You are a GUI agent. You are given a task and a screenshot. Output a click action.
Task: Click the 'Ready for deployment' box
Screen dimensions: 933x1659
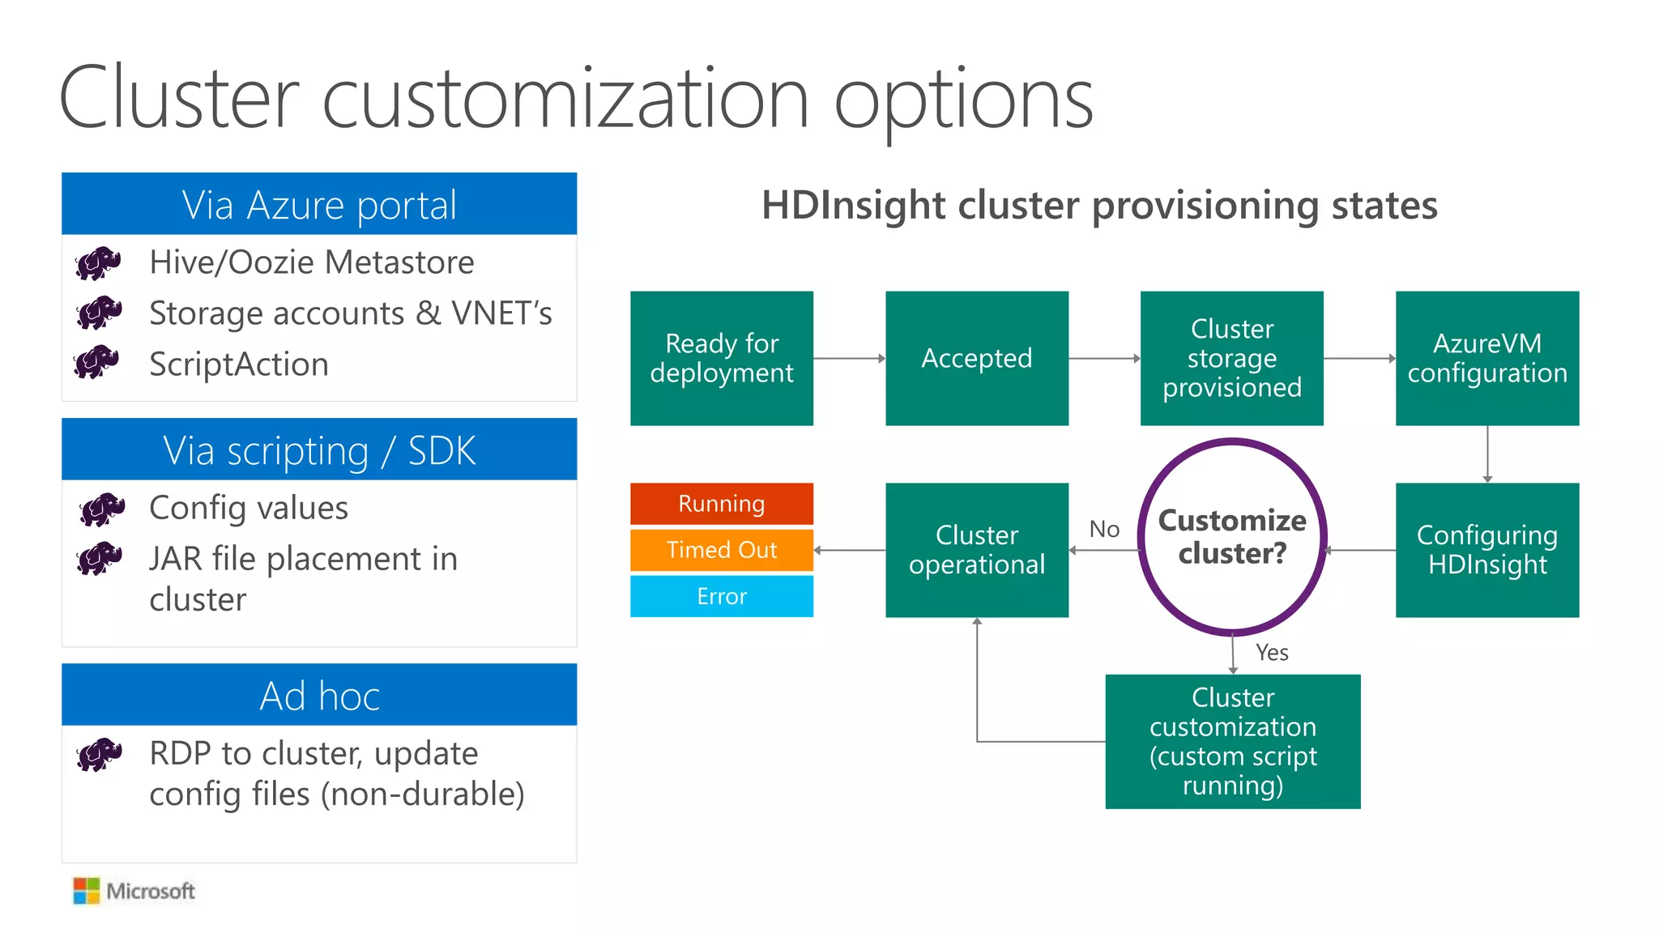tap(721, 358)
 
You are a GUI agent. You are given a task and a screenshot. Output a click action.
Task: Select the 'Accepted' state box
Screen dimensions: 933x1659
tap(976, 358)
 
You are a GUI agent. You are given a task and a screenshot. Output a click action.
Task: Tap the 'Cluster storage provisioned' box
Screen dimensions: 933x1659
tap(1231, 358)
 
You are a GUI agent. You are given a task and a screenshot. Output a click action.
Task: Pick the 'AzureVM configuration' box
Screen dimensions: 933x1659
tap(1486, 358)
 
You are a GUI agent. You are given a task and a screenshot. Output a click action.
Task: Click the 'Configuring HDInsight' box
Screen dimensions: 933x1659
tap(1486, 550)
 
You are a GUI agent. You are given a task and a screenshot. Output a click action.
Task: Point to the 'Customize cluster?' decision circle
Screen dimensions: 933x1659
tap(1231, 536)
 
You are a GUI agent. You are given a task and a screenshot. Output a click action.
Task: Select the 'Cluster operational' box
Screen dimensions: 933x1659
tap(976, 550)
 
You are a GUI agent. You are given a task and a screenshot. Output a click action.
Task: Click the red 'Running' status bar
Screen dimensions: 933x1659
tap(721, 504)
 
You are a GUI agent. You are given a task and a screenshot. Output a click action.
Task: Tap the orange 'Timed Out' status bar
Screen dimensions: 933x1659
tap(721, 550)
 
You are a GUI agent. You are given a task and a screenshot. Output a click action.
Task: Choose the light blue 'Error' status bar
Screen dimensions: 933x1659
tap(721, 596)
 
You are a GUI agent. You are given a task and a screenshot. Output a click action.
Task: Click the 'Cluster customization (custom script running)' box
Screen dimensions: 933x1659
tap(1232, 741)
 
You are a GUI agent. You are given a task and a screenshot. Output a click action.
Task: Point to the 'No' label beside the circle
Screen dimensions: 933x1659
tap(1104, 529)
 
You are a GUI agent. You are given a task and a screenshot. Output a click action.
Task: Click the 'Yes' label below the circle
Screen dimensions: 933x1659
tap(1272, 652)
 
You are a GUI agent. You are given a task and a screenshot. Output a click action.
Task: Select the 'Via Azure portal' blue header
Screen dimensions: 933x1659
tap(319, 204)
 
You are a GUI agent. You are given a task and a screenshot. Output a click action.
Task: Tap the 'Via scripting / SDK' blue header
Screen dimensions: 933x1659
tap(319, 449)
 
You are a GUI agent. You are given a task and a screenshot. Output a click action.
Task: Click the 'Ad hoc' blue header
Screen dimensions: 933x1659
tap(319, 695)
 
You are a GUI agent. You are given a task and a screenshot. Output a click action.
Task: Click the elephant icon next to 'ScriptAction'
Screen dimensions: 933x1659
tap(97, 362)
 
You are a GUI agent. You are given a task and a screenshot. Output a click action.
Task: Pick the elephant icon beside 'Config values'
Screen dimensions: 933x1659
tap(102, 509)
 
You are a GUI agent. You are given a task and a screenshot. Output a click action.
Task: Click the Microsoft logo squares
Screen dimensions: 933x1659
tap(86, 891)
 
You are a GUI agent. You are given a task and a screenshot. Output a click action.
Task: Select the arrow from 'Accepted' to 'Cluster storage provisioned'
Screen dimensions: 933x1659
tap(1104, 358)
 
